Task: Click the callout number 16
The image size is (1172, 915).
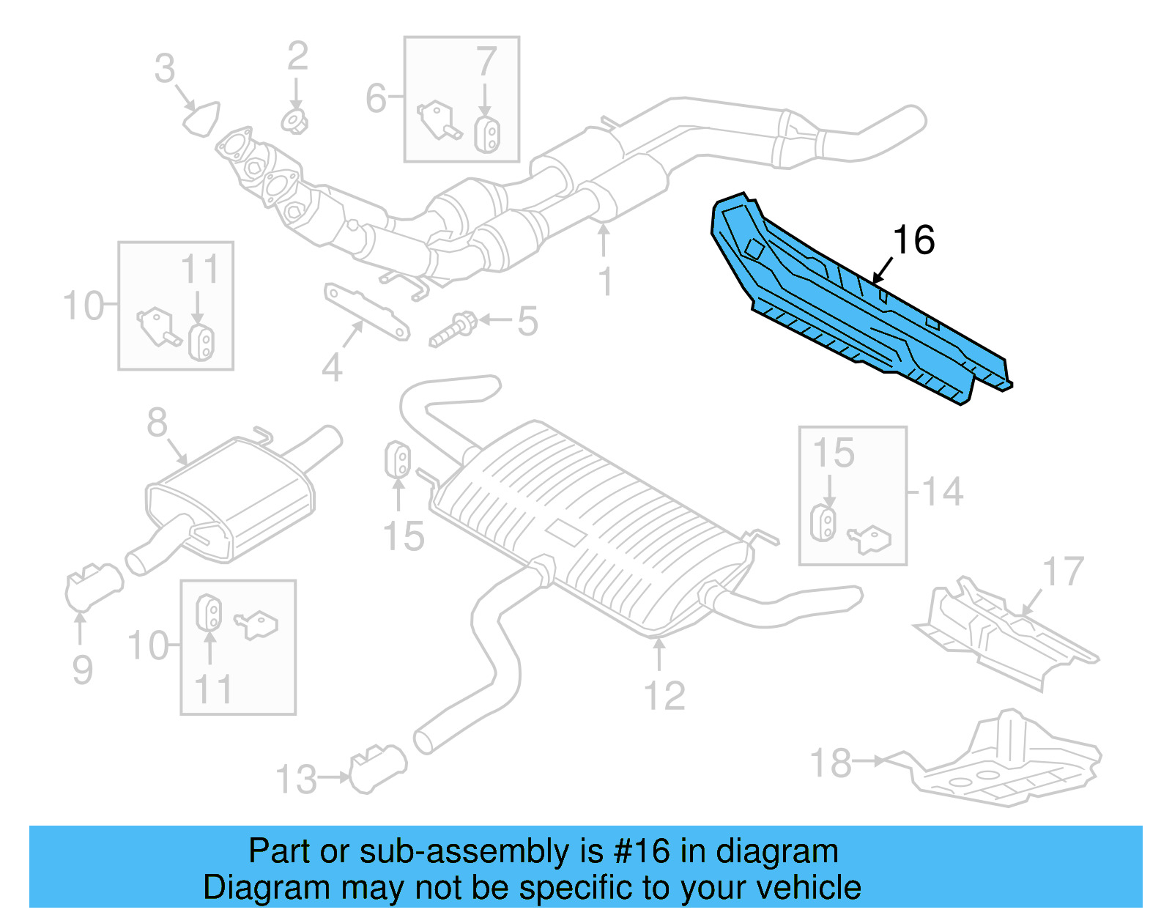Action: click(913, 240)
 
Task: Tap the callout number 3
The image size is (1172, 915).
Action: click(165, 69)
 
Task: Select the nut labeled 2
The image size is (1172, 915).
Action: click(294, 122)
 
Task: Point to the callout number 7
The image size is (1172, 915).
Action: click(486, 62)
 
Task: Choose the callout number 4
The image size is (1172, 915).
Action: click(332, 368)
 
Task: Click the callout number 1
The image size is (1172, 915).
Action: click(605, 282)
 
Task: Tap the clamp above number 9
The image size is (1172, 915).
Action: click(93, 587)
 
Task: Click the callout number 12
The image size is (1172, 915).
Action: click(664, 696)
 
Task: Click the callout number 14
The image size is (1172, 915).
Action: click(943, 492)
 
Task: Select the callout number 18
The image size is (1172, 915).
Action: click(831, 763)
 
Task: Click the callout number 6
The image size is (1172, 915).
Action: click(376, 98)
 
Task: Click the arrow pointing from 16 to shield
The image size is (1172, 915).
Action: click(883, 270)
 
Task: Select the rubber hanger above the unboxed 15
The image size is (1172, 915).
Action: click(398, 459)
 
